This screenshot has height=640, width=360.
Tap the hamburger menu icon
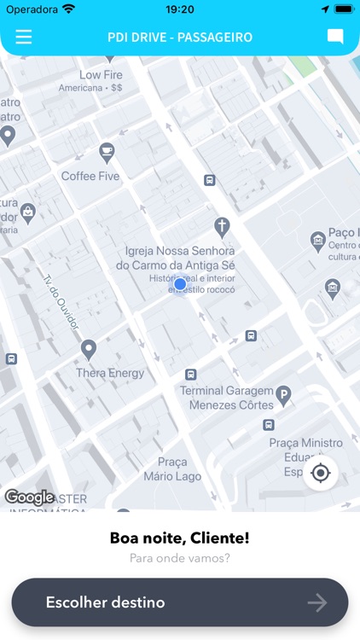(24, 37)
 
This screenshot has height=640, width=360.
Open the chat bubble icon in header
(335, 37)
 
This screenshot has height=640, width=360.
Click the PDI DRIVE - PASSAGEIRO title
(179, 38)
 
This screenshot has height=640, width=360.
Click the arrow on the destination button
(317, 603)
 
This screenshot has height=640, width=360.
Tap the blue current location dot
(180, 284)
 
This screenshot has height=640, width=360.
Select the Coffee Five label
(90, 177)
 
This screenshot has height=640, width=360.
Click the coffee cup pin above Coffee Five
(107, 152)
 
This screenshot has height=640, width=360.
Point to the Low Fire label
(101, 75)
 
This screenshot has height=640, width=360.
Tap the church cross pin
(222, 226)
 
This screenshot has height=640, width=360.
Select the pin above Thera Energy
(89, 349)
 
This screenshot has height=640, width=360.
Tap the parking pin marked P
(284, 395)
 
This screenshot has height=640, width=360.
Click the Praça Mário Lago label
(165, 468)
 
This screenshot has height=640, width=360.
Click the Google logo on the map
(29, 497)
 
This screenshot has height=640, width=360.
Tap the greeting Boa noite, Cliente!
(179, 538)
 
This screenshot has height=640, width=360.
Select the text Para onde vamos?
(179, 559)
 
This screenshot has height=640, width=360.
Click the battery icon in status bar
(343, 9)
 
